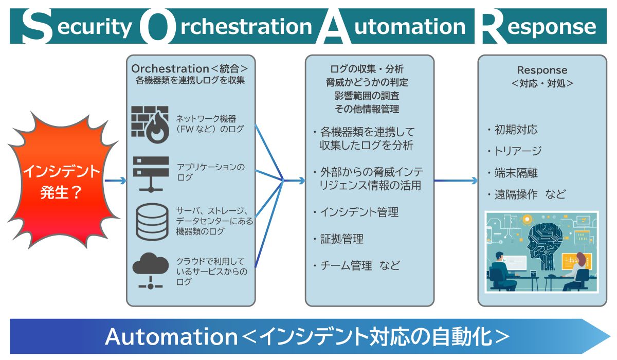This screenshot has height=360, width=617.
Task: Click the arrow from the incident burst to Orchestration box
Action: tap(115, 181)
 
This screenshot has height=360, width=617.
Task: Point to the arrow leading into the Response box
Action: tap(456, 181)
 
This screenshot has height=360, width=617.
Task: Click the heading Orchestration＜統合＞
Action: tap(190, 69)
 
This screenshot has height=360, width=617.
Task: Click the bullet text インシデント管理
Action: tap(359, 212)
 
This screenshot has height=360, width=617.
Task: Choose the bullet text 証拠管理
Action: tap(341, 239)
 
